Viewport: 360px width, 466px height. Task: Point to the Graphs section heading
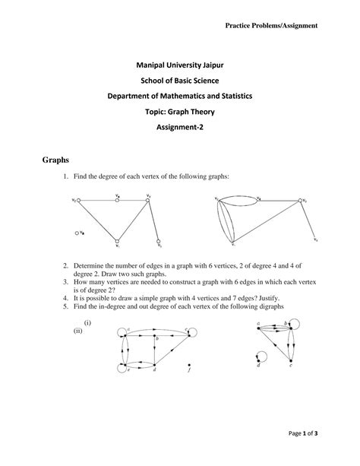pyautogui.click(x=55, y=161)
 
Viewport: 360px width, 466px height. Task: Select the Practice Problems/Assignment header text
pyautogui.click(x=271, y=26)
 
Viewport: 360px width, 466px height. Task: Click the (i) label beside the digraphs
pyautogui.click(x=88, y=323)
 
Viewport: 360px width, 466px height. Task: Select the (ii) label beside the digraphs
pyautogui.click(x=77, y=331)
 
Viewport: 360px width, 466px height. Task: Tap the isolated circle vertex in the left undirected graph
pyautogui.click(x=77, y=233)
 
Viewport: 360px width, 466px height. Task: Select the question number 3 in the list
pyautogui.click(x=67, y=281)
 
